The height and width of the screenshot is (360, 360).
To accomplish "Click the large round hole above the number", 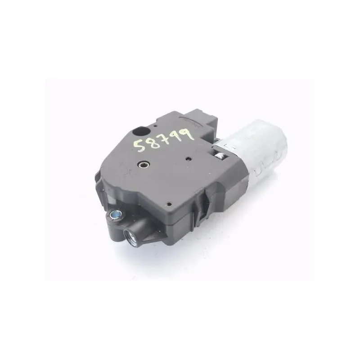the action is click(141, 131).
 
